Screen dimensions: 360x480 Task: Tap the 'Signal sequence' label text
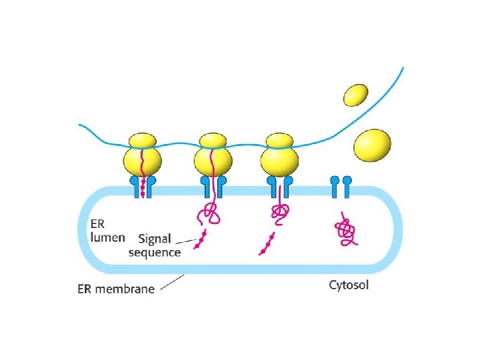[155, 245]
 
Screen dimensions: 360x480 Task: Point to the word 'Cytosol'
[349, 286]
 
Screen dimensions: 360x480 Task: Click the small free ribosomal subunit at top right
[357, 94]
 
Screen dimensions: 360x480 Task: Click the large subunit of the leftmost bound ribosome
[142, 162]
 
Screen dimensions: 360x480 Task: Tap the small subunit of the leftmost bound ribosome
[142, 141]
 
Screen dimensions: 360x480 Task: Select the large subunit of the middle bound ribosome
[213, 162]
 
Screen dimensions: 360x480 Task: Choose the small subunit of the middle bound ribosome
[213, 141]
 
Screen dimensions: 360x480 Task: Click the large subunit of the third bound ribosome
[279, 162]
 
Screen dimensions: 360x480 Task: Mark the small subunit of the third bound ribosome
[279, 141]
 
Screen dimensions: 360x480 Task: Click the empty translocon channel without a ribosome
[340, 187]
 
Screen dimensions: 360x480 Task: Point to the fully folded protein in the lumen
[345, 231]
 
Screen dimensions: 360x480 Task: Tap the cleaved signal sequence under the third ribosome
[267, 244]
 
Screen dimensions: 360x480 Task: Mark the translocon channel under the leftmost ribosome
[142, 187]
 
